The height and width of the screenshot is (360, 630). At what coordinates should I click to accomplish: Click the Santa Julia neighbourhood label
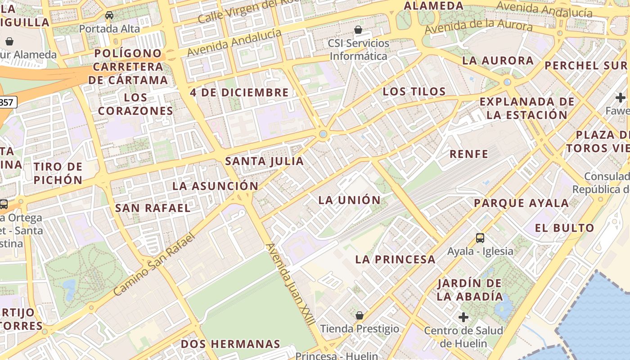265,161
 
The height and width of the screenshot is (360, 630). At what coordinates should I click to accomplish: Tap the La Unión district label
349,200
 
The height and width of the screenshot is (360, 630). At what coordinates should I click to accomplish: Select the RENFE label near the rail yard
469,154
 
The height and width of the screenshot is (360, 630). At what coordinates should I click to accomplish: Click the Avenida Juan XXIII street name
290,284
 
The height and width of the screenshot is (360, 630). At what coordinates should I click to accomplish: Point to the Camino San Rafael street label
154,264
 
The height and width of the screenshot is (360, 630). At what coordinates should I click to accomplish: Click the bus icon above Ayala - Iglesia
480,238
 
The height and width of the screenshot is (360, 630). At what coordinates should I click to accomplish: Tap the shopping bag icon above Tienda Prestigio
359,315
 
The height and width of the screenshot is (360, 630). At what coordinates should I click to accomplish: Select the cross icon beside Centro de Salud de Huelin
463,317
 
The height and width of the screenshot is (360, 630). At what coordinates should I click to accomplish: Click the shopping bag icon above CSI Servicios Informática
358,30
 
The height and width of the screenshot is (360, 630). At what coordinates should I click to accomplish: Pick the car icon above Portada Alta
109,16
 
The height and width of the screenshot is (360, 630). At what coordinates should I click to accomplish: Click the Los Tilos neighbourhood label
414,91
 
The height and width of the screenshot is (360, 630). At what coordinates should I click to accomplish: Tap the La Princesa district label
395,259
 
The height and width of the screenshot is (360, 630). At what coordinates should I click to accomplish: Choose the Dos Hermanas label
230,344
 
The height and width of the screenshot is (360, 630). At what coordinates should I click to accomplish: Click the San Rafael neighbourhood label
153,208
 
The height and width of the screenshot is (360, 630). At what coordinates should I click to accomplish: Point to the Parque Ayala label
521,203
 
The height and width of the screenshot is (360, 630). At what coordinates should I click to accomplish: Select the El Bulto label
564,228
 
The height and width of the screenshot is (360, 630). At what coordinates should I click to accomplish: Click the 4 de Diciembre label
239,93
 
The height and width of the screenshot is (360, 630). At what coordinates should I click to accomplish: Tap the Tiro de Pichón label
58,173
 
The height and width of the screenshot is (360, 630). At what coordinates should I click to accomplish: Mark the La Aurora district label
498,60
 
